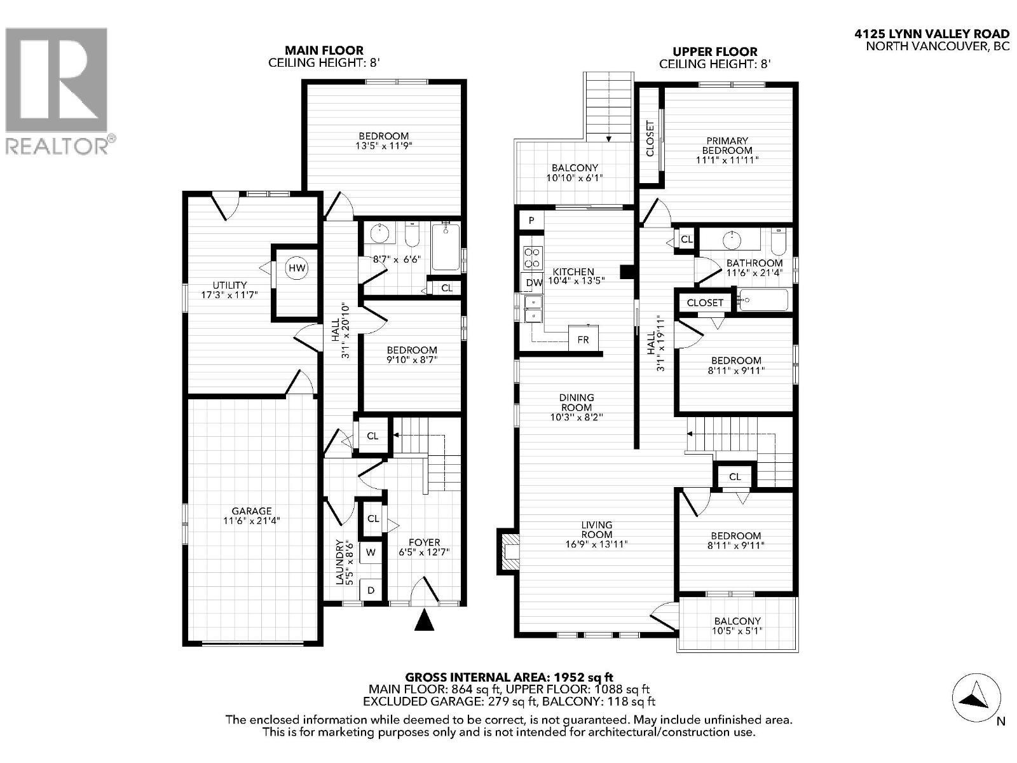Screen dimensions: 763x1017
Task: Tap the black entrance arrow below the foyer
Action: (x=424, y=620)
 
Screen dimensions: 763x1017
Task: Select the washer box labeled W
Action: (x=371, y=553)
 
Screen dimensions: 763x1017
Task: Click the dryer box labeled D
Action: (x=371, y=590)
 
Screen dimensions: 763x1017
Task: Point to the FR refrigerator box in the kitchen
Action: (x=583, y=340)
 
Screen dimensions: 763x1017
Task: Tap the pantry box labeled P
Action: (x=532, y=221)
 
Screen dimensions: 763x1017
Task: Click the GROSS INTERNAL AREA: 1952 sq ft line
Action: (x=509, y=678)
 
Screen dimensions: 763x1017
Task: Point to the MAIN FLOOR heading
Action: (x=324, y=50)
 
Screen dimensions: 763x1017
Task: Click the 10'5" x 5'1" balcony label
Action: (x=737, y=626)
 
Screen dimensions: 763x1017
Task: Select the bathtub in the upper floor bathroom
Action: (x=763, y=299)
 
